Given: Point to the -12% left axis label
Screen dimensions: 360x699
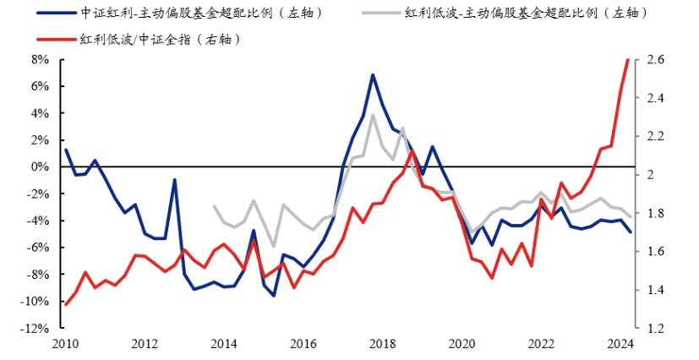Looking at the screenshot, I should click(36, 329).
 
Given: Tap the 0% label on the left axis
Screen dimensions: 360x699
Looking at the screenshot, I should click(40, 167).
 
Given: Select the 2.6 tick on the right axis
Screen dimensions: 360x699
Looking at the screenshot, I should click(656, 60).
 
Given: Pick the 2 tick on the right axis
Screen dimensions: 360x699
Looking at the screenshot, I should click(652, 175).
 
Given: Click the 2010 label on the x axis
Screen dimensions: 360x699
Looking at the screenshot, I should click(65, 344).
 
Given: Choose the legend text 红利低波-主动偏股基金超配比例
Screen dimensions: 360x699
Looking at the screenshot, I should click(526, 13).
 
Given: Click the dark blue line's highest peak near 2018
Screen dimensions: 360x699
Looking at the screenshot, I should click(373, 75).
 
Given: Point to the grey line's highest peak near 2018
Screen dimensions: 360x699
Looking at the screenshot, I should click(373, 115).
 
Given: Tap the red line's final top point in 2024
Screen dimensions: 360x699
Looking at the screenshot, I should click(628, 60).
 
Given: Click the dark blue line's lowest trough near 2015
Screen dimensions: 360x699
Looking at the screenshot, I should click(274, 295).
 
